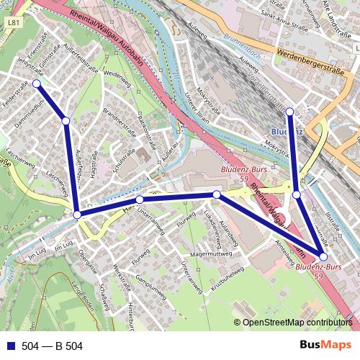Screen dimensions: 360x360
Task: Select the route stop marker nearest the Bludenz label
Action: (289, 112)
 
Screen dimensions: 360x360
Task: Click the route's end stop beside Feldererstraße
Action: (36, 84)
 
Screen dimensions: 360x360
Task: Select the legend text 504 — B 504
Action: (52, 346)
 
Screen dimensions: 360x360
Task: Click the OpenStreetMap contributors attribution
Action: (297, 323)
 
